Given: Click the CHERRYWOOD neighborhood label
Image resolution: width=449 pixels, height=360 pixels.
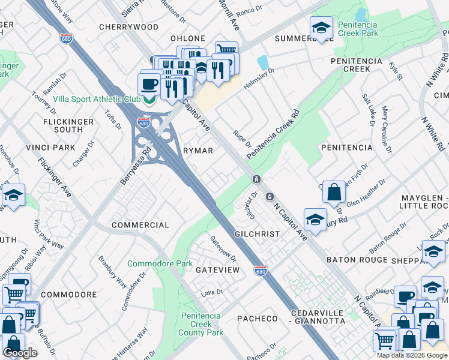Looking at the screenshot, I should (128, 27).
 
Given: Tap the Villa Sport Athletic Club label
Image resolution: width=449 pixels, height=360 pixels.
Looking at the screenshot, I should (97, 99).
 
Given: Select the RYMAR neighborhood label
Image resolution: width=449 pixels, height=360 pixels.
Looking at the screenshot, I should (197, 151).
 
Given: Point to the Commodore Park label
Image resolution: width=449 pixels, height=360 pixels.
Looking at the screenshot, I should (160, 263).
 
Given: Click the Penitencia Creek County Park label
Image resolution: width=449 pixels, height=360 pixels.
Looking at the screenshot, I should (202, 324).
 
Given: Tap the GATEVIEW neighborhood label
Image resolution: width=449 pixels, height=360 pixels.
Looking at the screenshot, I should (218, 270).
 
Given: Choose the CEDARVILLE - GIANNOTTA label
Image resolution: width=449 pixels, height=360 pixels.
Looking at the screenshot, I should (318, 317).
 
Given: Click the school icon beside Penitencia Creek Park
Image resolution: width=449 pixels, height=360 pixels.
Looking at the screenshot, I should (321, 28).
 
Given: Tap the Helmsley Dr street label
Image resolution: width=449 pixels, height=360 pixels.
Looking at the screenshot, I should (259, 79).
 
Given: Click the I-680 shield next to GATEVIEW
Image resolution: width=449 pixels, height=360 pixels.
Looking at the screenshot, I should (260, 271).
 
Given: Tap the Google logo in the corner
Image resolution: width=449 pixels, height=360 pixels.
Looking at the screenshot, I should (20, 353).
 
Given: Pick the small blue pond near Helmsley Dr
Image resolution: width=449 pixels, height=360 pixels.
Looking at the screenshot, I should (263, 62).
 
